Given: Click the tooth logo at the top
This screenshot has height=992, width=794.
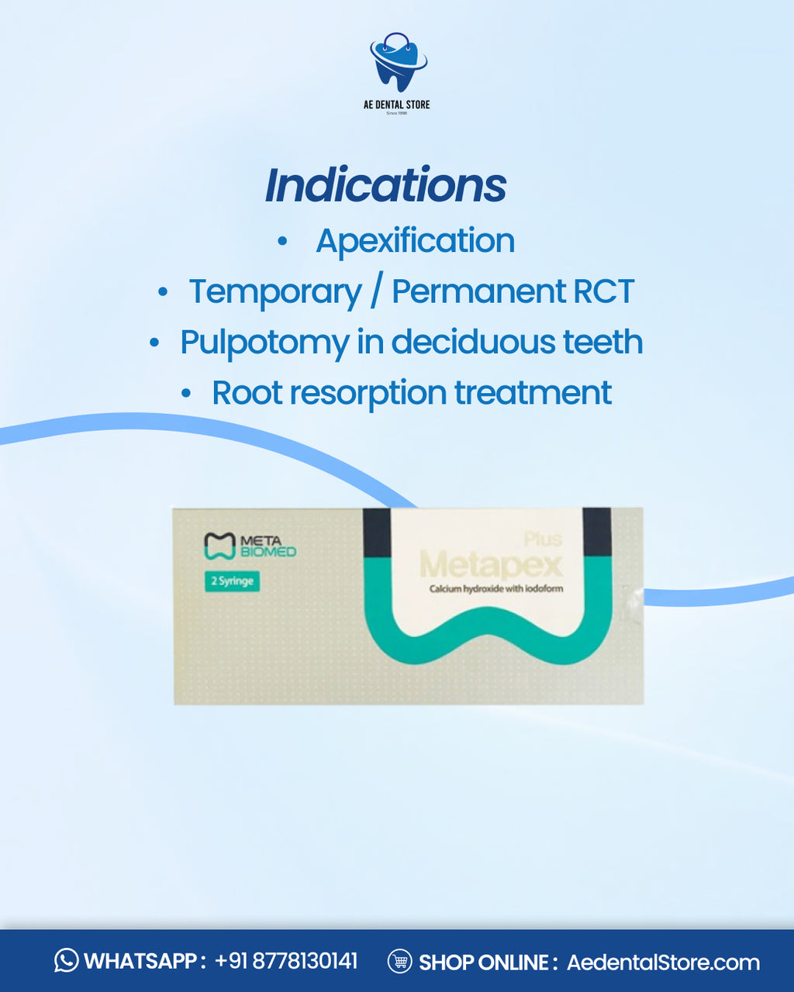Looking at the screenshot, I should pos(397,62).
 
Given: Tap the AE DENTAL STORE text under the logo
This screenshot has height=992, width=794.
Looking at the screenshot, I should pos(396,105).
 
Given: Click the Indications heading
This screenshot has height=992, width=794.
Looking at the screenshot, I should pos(385,185).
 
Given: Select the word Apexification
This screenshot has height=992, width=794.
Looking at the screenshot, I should pos(415,240).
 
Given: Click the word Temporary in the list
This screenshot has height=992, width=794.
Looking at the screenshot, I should pos(275,291).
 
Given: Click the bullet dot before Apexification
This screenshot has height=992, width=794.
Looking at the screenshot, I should pos(282,242).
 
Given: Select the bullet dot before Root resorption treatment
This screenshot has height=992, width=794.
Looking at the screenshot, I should pos(186,394).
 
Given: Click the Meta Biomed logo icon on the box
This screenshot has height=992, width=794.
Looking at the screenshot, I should pos(219,546).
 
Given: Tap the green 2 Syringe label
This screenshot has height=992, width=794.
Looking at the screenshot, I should pos(232,581).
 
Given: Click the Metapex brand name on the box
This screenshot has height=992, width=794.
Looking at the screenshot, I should pos(490,564).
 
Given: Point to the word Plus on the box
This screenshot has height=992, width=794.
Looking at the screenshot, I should pos(543,539).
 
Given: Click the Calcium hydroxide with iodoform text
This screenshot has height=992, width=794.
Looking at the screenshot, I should pos(496,589).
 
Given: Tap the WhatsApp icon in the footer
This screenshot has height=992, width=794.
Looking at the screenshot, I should pos(67,961).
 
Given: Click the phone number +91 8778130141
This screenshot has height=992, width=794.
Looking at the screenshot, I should pos(286,961).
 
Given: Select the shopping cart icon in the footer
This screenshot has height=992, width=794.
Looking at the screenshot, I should pos(399,961).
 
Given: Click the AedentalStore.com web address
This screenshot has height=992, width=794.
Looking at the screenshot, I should pos(663,962).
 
